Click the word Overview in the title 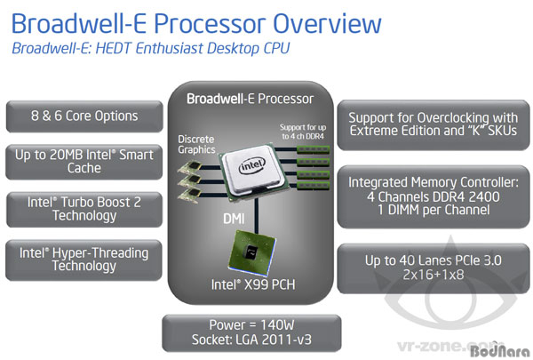click(327, 24)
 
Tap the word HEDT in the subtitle click(113, 48)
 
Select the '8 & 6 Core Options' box click(84, 116)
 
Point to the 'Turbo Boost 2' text click(100, 202)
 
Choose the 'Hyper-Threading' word click(100, 252)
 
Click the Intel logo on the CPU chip click(252, 165)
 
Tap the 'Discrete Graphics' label click(196, 144)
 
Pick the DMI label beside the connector click(234, 219)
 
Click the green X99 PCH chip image click(252, 252)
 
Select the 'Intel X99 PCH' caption click(253, 284)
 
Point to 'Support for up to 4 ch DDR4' click(303, 132)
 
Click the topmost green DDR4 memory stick click(313, 149)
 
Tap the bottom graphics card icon click(190, 196)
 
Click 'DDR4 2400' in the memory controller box click(465, 196)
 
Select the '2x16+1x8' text click(434, 275)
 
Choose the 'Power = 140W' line click(251, 324)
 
